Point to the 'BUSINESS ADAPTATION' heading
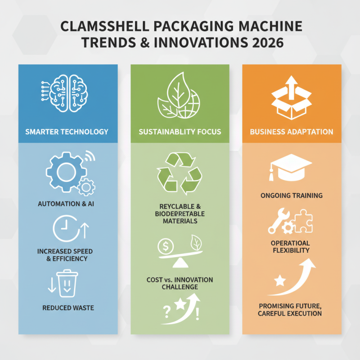292,132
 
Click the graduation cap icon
290,166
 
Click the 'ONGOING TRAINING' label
291,196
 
